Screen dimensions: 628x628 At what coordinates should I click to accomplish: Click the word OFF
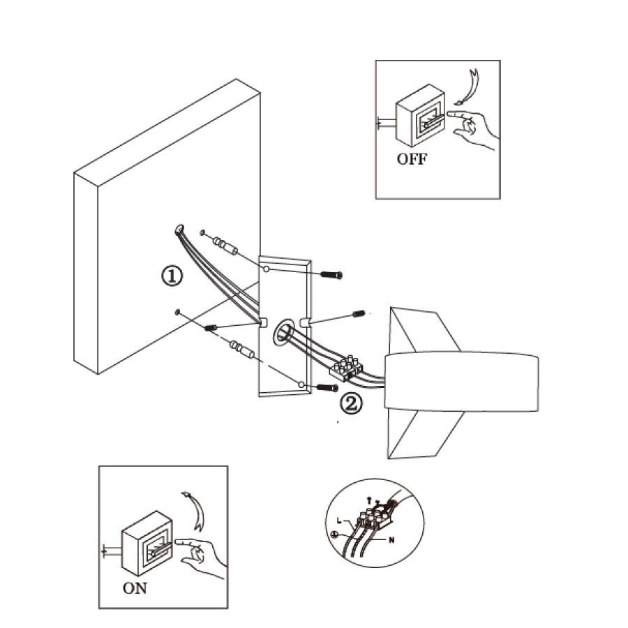[412, 159]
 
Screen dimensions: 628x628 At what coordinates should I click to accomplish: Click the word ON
[135, 588]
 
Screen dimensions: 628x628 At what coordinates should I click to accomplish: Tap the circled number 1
[172, 276]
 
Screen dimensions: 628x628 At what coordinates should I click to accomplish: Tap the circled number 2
[351, 404]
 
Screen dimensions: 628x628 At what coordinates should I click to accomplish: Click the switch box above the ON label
[147, 544]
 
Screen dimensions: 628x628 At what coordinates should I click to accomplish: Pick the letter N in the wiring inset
[391, 540]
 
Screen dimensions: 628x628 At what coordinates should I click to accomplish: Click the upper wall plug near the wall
[225, 246]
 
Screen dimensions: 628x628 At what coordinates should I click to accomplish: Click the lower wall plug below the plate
[241, 350]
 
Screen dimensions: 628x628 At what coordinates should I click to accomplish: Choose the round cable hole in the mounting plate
[285, 331]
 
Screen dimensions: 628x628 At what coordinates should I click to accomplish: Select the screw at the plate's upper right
[331, 275]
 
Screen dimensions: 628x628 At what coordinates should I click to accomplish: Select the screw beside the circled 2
[327, 387]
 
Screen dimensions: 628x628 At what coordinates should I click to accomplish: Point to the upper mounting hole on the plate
[266, 269]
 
